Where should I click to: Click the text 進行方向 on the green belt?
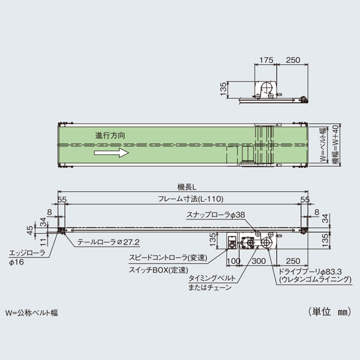(x=110, y=137)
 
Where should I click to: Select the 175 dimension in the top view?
(x=268, y=61)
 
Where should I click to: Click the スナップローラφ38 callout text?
(x=215, y=215)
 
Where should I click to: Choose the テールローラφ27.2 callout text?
(x=109, y=242)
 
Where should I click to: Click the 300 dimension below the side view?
(x=259, y=262)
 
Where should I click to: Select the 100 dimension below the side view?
(x=234, y=262)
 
